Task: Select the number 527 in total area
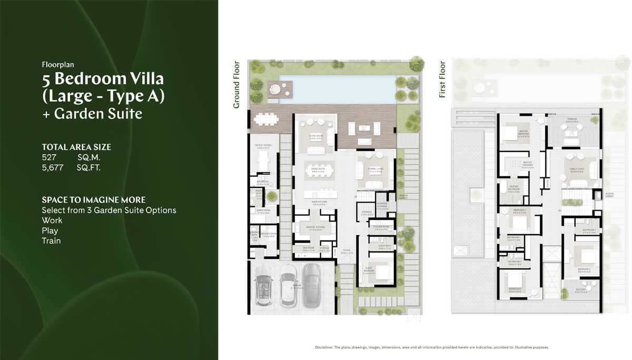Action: pos(49,157)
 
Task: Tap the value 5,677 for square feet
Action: pos(53,168)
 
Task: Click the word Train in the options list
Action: pos(51,241)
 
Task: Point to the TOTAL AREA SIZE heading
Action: pos(76,147)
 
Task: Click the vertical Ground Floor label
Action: pos(236,85)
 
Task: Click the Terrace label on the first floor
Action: pos(572,119)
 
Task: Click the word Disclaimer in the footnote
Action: pos(323,347)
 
